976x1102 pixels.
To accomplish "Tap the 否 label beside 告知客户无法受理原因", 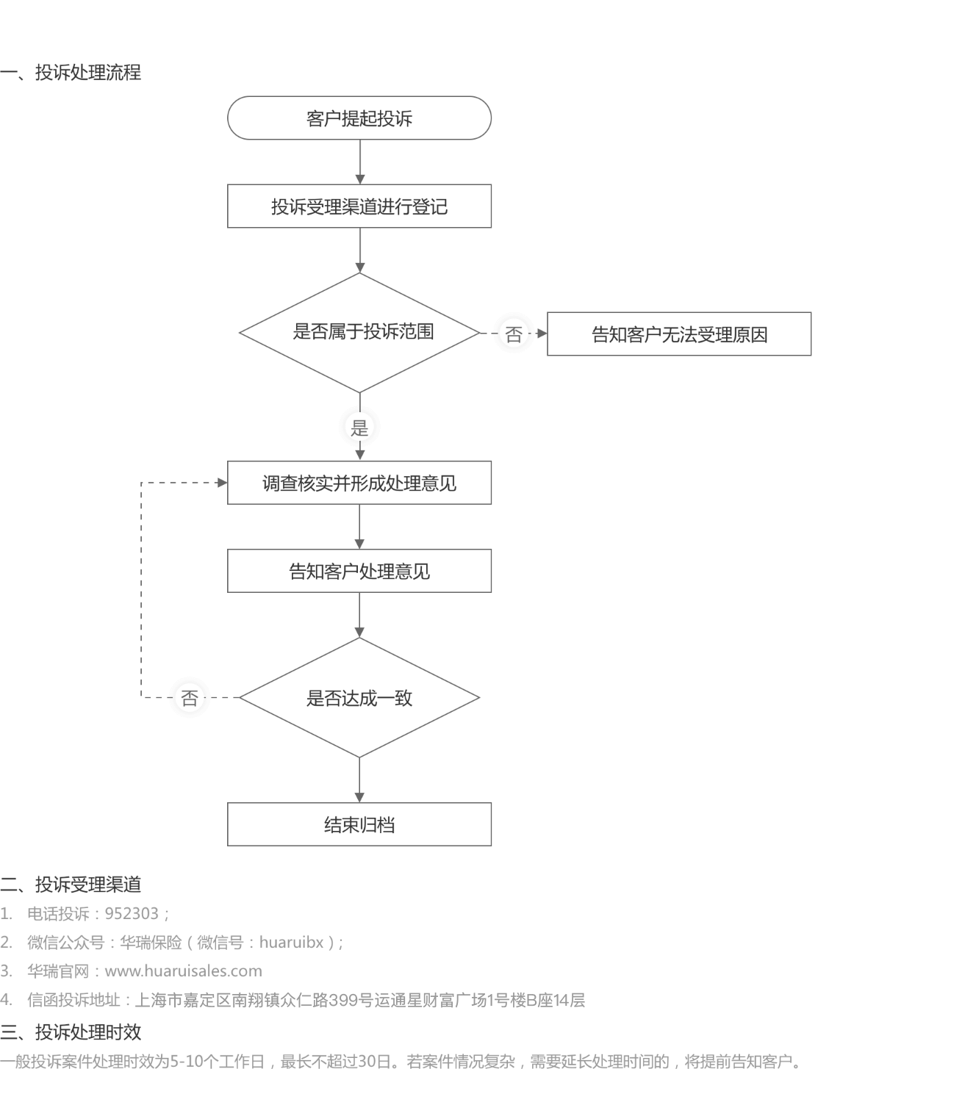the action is click(x=514, y=334).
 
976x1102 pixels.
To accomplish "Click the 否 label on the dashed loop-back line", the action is click(x=190, y=698).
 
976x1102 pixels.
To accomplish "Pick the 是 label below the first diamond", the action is click(x=359, y=428).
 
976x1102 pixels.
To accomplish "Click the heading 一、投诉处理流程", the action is click(x=71, y=72).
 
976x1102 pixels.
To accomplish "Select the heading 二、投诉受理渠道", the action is click(x=71, y=885).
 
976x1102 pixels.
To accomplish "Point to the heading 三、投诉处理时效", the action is click(x=71, y=1031).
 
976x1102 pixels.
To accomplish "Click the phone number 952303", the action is click(x=132, y=913).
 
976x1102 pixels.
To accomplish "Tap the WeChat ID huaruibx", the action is click(x=291, y=942).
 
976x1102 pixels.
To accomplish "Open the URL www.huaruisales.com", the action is click(x=183, y=971).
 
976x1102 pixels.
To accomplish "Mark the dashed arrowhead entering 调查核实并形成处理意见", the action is click(x=222, y=483).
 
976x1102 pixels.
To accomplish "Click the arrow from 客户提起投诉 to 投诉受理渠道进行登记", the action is click(x=359, y=162).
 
